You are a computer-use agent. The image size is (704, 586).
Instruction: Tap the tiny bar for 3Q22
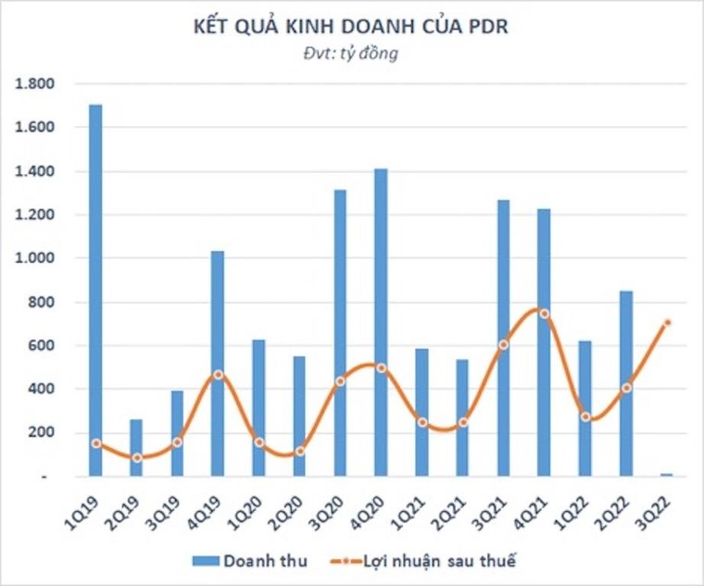tap(666, 475)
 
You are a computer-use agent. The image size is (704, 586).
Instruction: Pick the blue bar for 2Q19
tap(136, 448)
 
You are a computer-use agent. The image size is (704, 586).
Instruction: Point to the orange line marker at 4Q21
tap(544, 314)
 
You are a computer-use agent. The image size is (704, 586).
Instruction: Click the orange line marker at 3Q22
tap(666, 323)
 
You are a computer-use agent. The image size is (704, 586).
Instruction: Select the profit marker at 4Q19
tap(218, 375)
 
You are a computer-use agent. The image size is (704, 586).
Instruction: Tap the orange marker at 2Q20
tap(299, 451)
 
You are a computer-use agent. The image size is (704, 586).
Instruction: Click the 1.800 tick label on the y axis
tap(35, 84)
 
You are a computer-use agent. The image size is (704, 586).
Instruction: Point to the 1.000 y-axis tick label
tap(35, 258)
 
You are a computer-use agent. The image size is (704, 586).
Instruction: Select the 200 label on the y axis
tap(44, 432)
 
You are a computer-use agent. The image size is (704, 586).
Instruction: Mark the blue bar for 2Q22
tap(625, 383)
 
